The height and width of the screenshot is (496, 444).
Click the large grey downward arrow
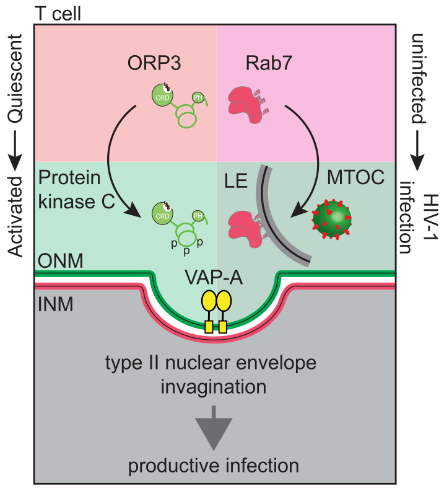tap(214, 428)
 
